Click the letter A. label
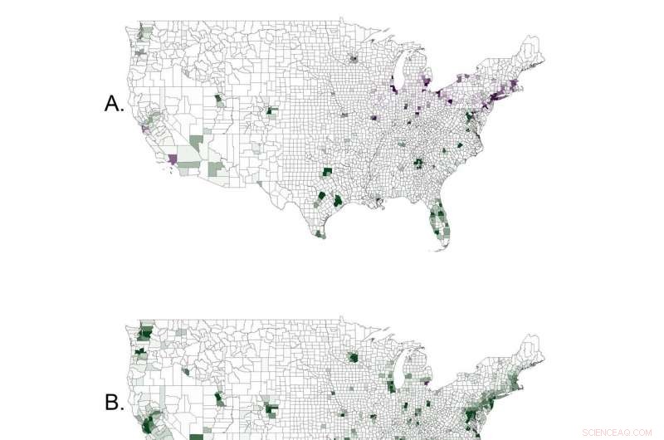114,104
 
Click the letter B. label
114,403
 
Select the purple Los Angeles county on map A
173,158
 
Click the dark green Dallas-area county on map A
327,172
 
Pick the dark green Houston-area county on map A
339,201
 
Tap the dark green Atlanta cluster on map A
419,163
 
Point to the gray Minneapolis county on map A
355,59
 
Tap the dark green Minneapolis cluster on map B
355,359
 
